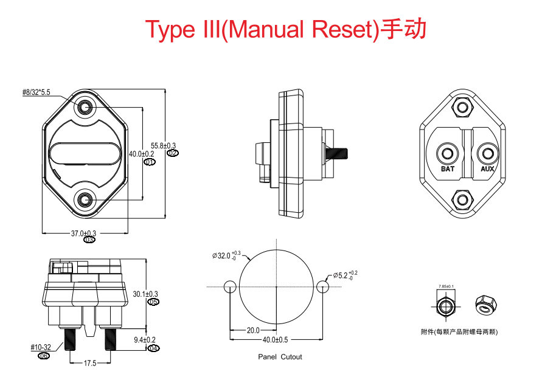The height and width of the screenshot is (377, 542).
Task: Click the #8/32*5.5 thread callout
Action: click(x=36, y=92)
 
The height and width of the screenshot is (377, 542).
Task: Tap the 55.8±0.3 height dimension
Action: click(x=163, y=145)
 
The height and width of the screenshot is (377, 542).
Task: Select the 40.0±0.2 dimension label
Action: click(x=141, y=154)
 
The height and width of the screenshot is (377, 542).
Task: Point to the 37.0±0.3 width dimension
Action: click(x=83, y=233)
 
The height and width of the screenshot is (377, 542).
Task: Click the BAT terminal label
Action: click(x=448, y=168)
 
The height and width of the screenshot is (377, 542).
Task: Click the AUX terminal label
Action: click(x=487, y=168)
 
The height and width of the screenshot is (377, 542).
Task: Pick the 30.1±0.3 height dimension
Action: click(x=145, y=294)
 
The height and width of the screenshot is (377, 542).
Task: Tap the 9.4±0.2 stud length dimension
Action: click(x=145, y=340)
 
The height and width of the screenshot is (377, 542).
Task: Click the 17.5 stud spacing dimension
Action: click(x=89, y=363)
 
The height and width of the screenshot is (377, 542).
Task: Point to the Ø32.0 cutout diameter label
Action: click(x=226, y=256)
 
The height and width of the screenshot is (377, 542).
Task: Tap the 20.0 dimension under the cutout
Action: click(x=252, y=331)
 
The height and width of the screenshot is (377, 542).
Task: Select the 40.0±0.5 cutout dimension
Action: click(x=275, y=340)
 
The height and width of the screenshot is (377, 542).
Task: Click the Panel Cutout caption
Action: click(x=280, y=357)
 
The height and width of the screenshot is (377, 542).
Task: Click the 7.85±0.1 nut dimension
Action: click(x=446, y=286)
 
